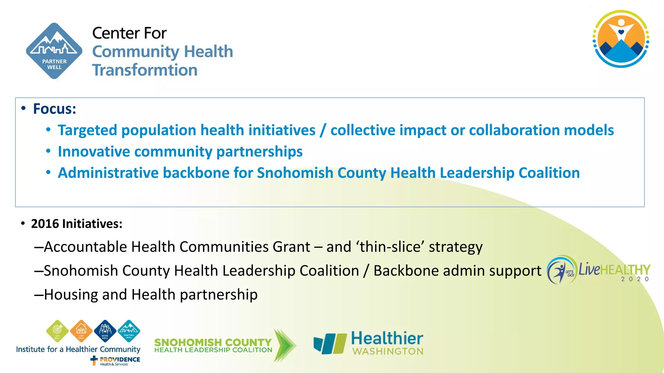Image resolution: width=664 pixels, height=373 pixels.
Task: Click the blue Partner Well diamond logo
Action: (x=54, y=51)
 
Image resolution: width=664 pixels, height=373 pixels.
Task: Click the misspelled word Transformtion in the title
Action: (x=145, y=70)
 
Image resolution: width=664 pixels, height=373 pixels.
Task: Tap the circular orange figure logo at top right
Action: (x=621, y=39)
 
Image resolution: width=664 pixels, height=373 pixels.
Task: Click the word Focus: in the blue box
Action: (x=54, y=109)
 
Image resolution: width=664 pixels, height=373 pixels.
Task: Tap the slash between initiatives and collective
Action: (x=323, y=130)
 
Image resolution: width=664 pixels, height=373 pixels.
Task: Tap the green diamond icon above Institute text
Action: (x=57, y=331)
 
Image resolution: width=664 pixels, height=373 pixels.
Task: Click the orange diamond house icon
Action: (x=81, y=331)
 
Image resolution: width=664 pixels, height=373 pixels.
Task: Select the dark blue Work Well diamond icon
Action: (x=105, y=331)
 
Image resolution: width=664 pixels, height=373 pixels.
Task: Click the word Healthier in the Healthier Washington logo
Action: (x=387, y=338)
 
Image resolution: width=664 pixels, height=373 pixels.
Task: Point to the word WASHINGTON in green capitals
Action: (x=388, y=352)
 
